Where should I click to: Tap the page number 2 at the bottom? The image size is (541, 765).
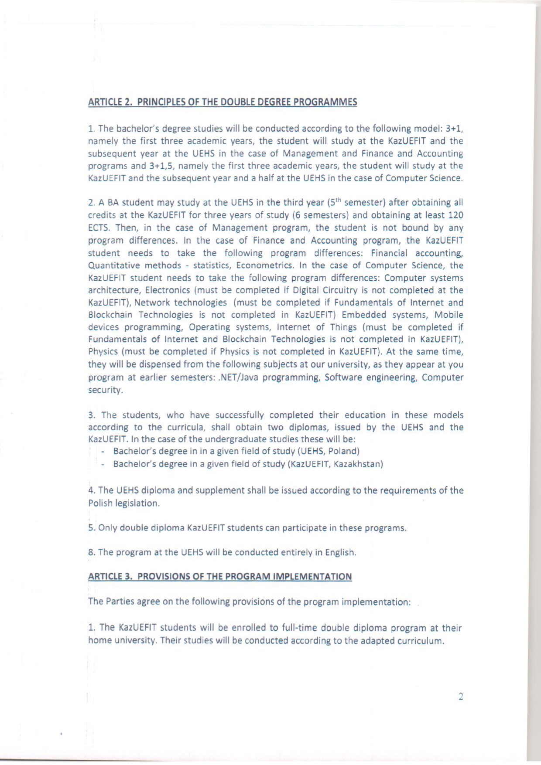pos(461,697)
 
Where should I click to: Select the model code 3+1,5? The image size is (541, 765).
pos(162,166)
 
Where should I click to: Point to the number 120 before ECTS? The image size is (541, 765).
pos(455,215)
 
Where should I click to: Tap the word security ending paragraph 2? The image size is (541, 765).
pos(105,390)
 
